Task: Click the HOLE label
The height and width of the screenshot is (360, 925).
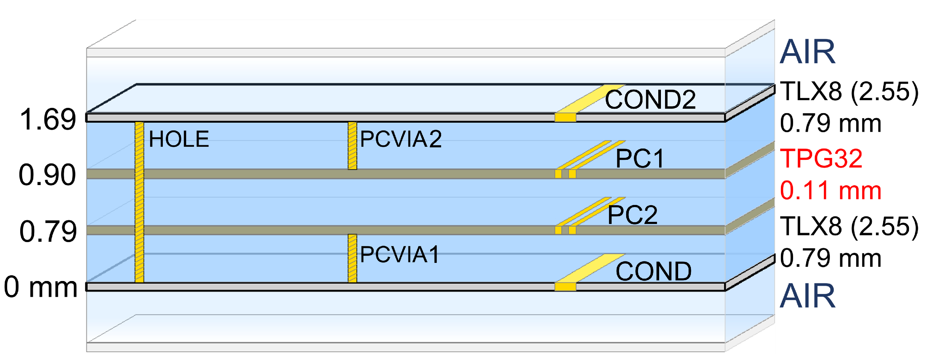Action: coord(179,139)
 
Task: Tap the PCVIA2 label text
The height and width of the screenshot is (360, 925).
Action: coord(401,139)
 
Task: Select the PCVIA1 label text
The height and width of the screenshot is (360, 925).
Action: coord(399,255)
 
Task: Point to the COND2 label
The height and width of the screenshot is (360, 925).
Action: coord(650,100)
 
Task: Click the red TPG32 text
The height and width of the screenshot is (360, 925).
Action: coord(821,158)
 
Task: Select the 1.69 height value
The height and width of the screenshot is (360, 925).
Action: coord(48,119)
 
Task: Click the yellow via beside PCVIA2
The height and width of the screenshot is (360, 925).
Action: coord(352,145)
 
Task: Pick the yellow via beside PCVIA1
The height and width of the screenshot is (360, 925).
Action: coord(352,258)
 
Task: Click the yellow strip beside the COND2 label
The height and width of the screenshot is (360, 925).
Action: coord(589,99)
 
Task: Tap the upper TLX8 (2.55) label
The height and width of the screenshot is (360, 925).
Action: coord(849,91)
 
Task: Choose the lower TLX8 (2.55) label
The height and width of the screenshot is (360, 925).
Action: coord(849,226)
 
